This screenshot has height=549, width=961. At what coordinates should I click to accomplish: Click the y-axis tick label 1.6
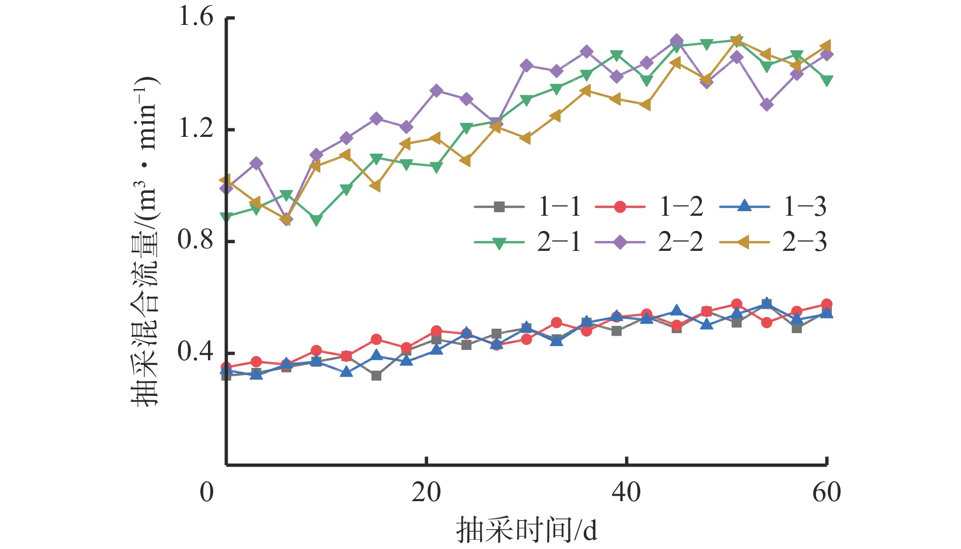(x=195, y=17)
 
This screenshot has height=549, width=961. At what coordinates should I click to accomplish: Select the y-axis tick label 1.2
(x=195, y=129)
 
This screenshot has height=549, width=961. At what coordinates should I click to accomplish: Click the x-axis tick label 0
(x=207, y=493)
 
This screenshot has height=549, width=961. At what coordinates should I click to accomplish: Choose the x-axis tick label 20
(x=426, y=493)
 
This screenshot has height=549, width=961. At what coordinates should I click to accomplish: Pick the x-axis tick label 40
(x=626, y=493)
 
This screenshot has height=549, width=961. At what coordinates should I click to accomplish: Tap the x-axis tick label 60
(x=827, y=493)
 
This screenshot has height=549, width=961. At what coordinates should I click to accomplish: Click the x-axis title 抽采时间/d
(x=526, y=531)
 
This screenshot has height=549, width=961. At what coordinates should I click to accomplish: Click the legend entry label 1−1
(x=559, y=207)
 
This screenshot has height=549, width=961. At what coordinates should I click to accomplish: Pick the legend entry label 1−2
(x=681, y=207)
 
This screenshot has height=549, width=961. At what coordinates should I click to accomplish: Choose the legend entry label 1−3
(x=805, y=207)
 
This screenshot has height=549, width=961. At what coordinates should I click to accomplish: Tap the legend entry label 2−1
(x=559, y=242)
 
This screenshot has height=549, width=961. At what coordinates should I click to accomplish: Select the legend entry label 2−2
(x=681, y=242)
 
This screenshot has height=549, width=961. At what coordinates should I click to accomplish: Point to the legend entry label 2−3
(x=805, y=242)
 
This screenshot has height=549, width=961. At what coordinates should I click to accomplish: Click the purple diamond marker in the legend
(x=620, y=242)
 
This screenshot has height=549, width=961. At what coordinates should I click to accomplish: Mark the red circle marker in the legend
(x=620, y=207)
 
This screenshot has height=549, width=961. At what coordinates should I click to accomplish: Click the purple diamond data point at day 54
(x=767, y=105)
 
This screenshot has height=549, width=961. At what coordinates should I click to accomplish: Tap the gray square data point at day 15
(x=376, y=375)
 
